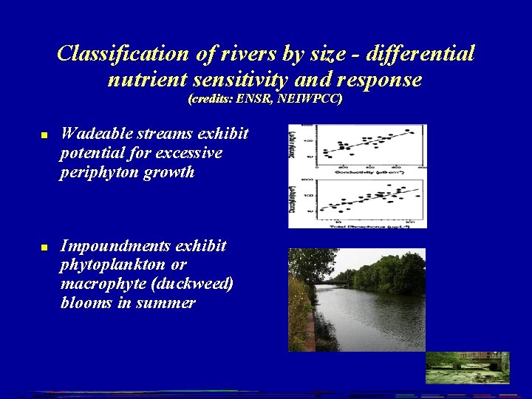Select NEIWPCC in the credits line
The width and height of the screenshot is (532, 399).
pos(311,98)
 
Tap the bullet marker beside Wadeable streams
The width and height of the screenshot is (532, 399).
pos(44,136)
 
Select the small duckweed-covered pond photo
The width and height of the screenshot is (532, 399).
pos(467,367)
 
